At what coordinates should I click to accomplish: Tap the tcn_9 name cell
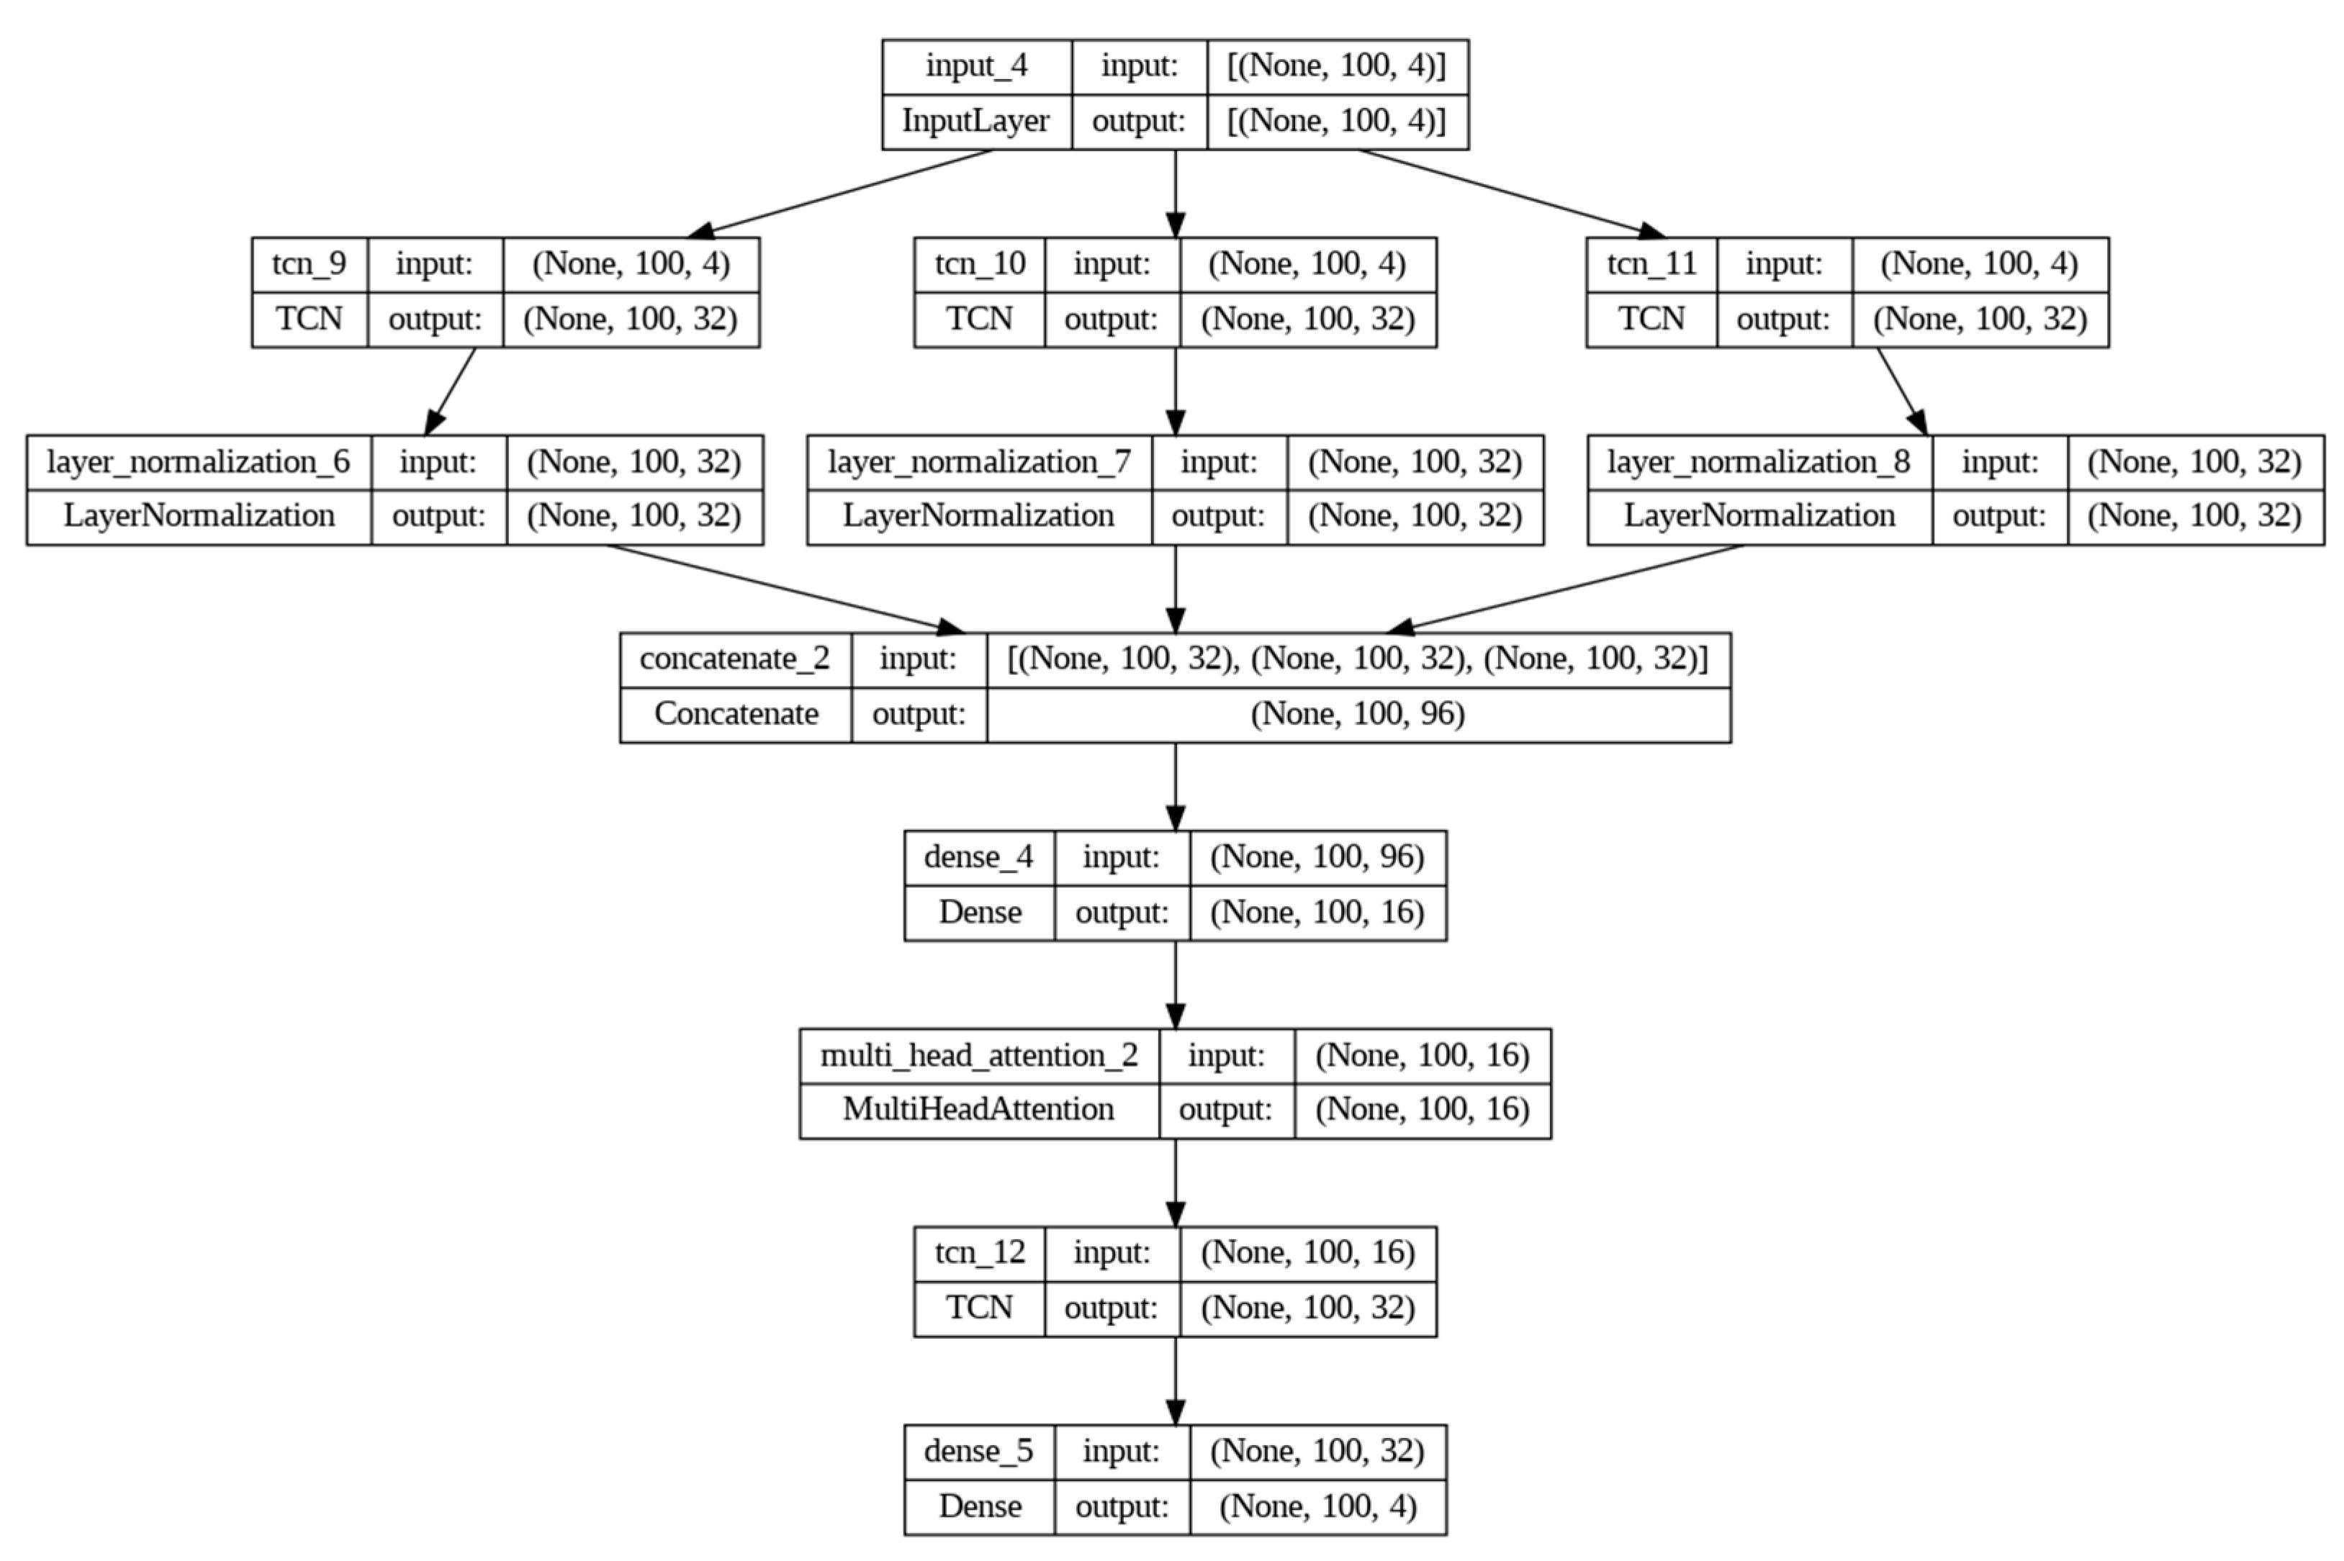tap(309, 264)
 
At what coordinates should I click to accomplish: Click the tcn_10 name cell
tap(979, 264)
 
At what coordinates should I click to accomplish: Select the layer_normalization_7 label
tap(979, 462)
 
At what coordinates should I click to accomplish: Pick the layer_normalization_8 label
tap(1759, 462)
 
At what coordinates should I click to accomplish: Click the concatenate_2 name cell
tap(735, 659)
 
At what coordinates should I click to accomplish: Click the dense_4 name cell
tap(979, 857)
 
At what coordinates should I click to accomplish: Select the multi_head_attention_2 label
tap(979, 1055)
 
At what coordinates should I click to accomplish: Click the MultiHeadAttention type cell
tap(979, 1109)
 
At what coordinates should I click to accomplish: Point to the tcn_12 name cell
tap(979, 1252)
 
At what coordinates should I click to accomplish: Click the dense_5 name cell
tap(979, 1452)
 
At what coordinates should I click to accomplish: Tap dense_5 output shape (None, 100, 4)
tap(1317, 1506)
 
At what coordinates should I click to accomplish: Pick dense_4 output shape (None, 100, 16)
tap(1317, 912)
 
